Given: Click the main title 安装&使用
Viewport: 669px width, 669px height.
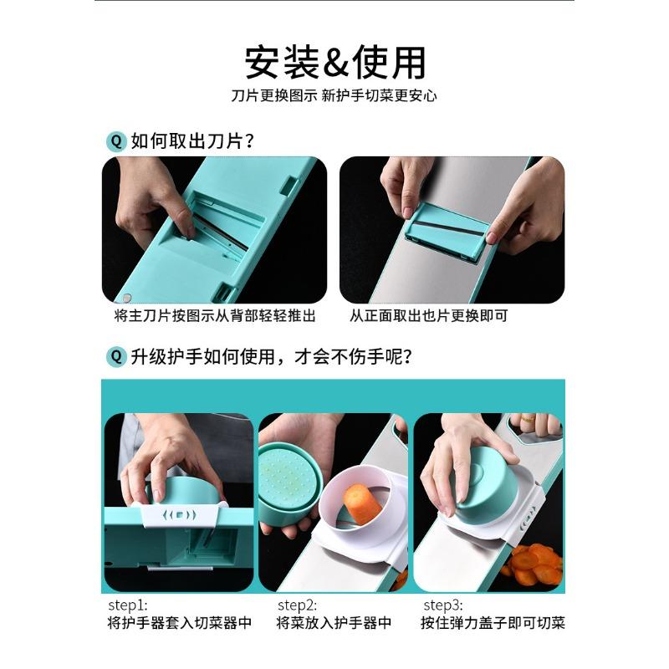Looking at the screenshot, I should click(334, 63).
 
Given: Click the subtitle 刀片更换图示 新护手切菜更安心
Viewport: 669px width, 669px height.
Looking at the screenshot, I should click(334, 95).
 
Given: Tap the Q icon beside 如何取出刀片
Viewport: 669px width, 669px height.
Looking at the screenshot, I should click(115, 140).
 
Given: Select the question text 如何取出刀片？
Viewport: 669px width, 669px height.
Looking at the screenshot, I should click(193, 140).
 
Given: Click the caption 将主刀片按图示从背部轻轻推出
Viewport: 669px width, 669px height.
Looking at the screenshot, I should click(215, 316).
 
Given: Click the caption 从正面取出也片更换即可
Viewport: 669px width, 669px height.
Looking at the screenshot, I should click(428, 316).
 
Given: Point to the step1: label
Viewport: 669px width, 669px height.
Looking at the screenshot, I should click(127, 605).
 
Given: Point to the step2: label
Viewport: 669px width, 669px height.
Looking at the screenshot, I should click(299, 605).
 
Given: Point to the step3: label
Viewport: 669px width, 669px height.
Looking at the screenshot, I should click(444, 605).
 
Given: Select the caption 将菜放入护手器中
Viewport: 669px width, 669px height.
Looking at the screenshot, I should click(334, 623).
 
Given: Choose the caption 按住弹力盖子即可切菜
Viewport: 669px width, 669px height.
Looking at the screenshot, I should click(493, 623).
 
